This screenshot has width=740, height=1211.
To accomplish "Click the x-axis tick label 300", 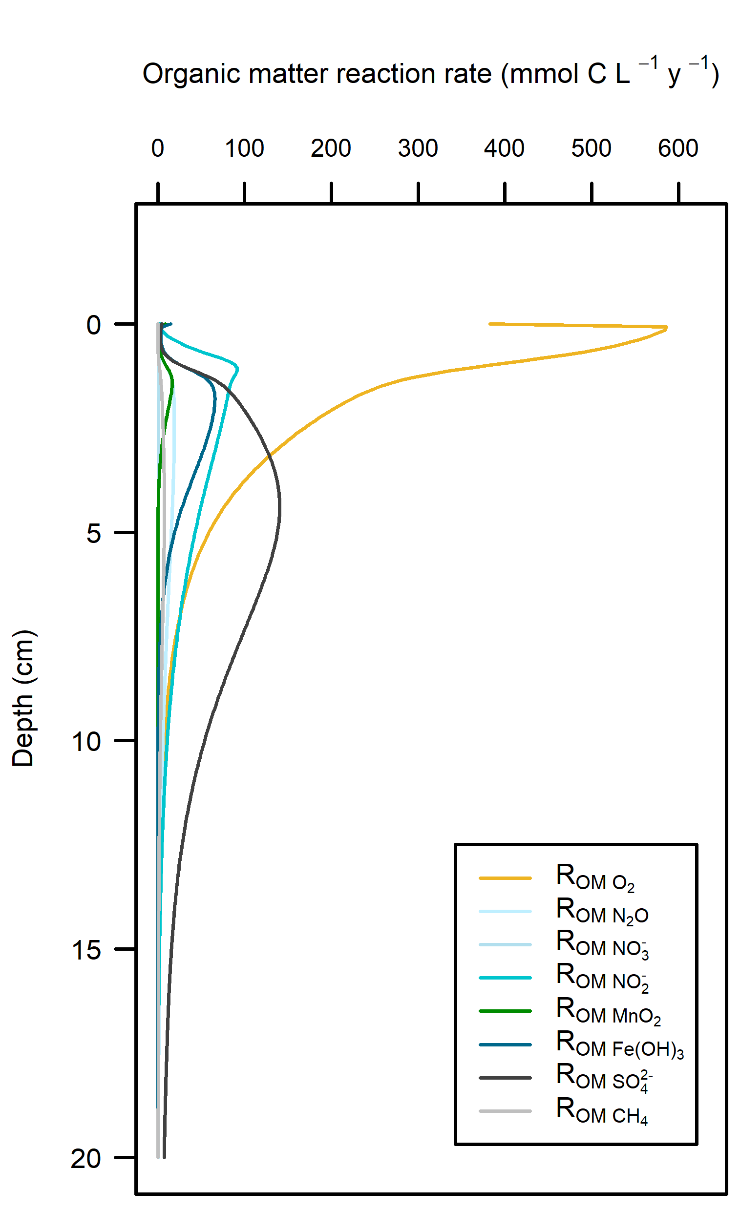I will pos(418,148).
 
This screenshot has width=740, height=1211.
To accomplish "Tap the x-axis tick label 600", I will pos(678,148).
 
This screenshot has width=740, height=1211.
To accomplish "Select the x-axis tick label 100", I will pos(244,148).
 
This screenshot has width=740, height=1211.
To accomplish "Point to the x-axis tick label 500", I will pos(591,148).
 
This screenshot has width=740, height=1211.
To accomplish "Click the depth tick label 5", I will pos(93,533).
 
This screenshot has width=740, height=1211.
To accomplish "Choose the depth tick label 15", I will pos(86,950).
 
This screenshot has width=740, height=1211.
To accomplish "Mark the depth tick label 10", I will pos(86,742).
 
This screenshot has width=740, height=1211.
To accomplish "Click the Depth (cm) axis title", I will pos(22,698).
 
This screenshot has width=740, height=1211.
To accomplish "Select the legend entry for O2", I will pos(595,878).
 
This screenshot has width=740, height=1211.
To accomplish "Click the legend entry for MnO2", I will pos(608,1011).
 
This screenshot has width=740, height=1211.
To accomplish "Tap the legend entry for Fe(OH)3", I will pos(619,1045).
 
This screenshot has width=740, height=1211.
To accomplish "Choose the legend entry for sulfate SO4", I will pos(604,1078).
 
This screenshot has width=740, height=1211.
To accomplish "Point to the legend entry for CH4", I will pos(602,1112).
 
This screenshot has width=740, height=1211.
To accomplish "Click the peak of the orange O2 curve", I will pos(667,327).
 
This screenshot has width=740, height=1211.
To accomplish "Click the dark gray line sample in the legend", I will pos(505,1078).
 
